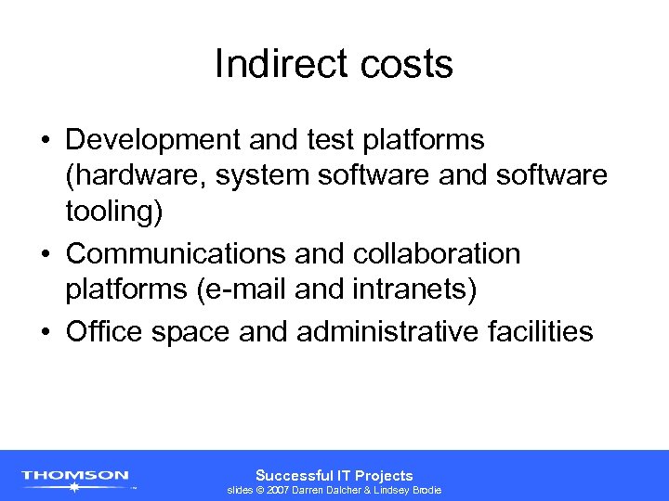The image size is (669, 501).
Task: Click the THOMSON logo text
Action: (75, 476)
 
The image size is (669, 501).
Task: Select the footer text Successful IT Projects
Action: (334, 475)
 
